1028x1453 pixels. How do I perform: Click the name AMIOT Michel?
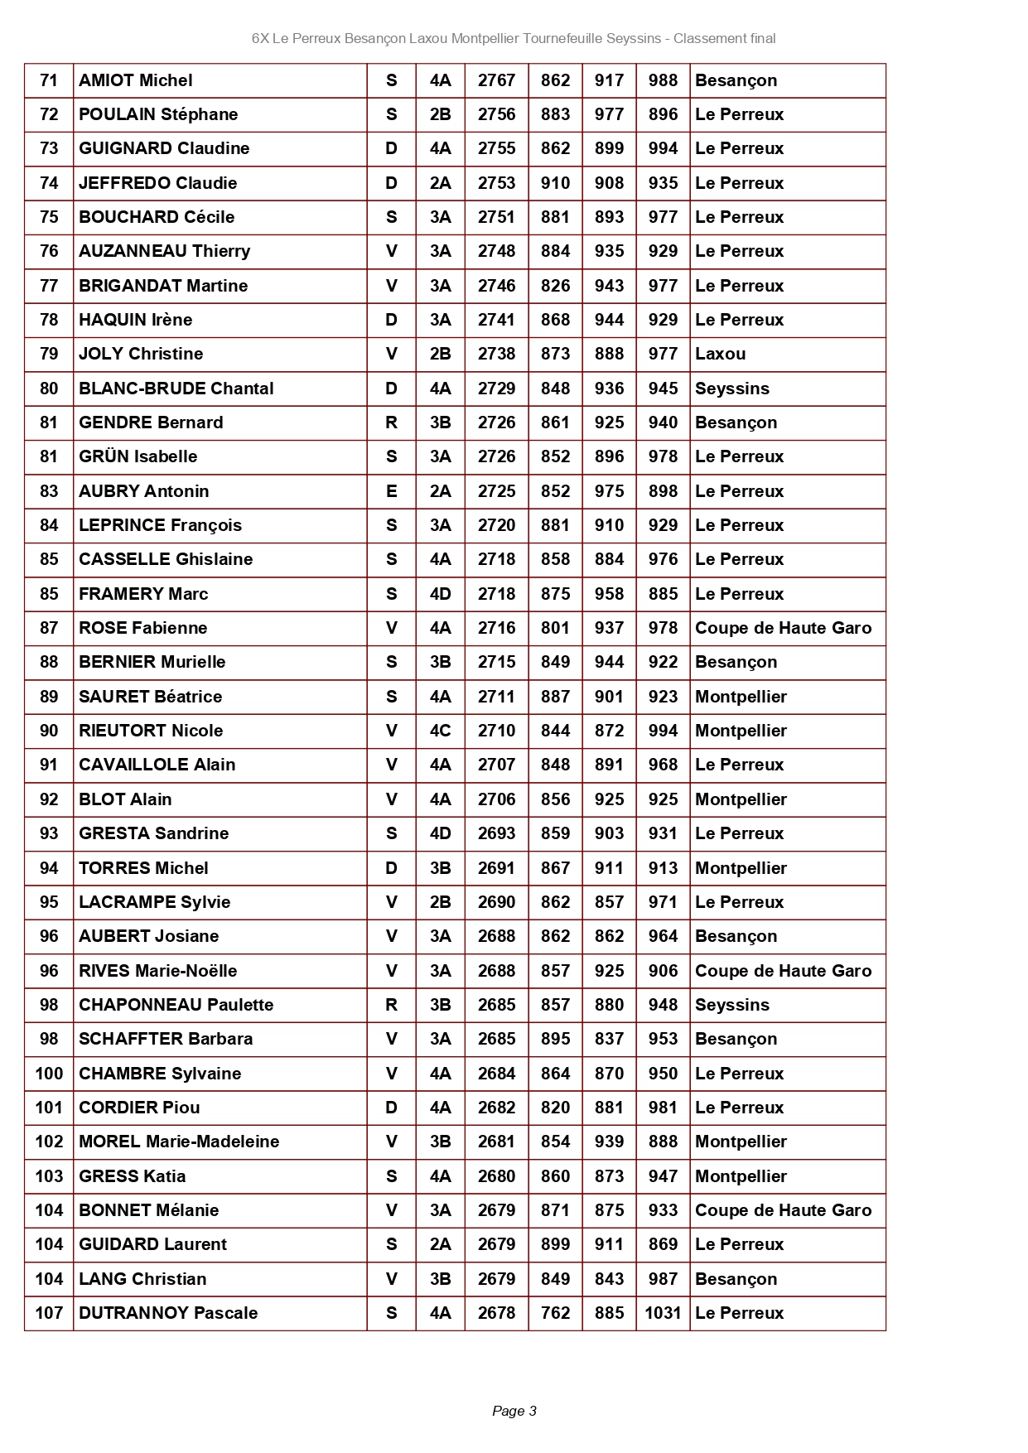point(135,80)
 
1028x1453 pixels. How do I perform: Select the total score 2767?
point(496,80)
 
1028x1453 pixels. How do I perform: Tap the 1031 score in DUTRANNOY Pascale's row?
point(663,1313)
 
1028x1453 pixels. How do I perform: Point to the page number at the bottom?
point(514,1411)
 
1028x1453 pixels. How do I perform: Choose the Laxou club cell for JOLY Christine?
point(720,354)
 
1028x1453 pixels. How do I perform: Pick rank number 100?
point(49,1074)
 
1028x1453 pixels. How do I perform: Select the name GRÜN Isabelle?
point(138,456)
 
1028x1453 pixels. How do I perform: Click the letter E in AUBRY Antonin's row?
point(391,491)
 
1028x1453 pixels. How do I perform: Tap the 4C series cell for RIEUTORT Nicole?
point(440,731)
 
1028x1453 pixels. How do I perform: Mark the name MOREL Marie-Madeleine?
point(179,1142)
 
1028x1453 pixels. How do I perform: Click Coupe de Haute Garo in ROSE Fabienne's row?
point(783,628)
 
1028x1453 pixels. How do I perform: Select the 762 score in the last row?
point(555,1313)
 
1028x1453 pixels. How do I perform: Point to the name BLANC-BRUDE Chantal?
point(176,389)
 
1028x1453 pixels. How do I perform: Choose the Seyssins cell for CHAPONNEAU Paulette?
point(731,1005)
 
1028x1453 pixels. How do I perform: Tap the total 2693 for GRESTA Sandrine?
point(496,833)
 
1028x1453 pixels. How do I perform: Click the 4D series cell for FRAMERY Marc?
point(440,594)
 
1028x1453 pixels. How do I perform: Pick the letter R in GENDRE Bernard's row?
point(391,422)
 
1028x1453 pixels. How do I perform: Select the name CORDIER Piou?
point(139,1108)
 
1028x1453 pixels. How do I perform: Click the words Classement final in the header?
point(724,38)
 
